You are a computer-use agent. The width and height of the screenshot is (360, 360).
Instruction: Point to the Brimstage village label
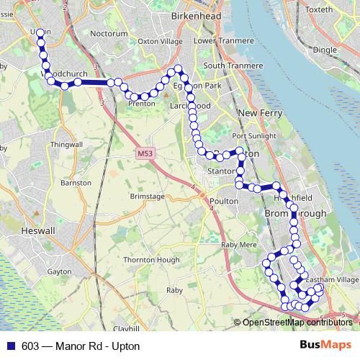pyautogui.click(x=147, y=196)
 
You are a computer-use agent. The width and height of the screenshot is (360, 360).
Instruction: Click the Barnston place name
pyautogui.click(x=76, y=183)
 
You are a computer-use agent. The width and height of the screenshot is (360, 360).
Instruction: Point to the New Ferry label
pyautogui.click(x=257, y=113)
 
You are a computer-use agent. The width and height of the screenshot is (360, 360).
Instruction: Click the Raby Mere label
pyautogui.click(x=239, y=245)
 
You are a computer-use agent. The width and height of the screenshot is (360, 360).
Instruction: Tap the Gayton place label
pyautogui.click(x=57, y=272)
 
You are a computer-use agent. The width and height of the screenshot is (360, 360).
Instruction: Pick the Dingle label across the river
pyautogui.click(x=325, y=50)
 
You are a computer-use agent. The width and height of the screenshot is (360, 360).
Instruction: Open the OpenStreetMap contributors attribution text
pyautogui.click(x=297, y=323)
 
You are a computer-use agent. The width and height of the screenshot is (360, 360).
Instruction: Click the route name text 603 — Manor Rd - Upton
pyautogui.click(x=81, y=346)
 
